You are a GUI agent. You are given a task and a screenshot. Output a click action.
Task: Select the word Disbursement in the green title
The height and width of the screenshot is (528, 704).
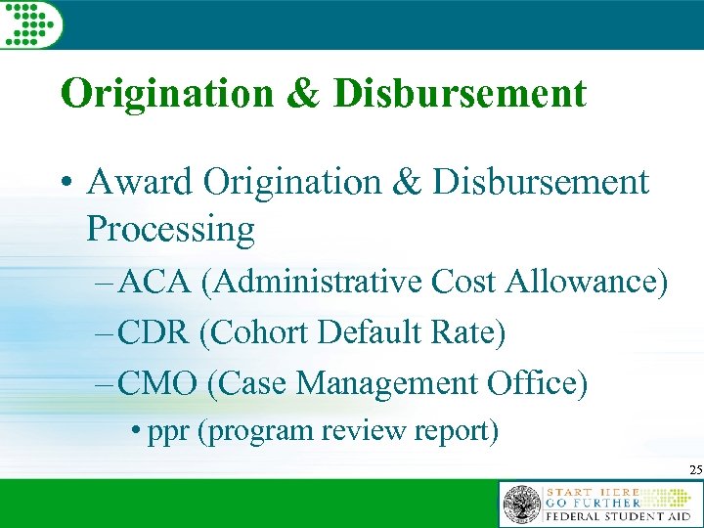point(460,94)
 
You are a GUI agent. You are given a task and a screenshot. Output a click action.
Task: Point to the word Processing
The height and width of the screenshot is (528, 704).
point(170,230)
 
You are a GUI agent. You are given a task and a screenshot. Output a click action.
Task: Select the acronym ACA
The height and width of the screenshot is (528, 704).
point(156,283)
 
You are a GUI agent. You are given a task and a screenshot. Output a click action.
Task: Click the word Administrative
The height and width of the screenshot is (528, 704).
point(312,283)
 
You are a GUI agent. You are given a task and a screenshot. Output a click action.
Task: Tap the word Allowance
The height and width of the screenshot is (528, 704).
point(586,283)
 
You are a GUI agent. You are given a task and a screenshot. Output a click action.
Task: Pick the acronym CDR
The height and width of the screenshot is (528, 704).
point(155,333)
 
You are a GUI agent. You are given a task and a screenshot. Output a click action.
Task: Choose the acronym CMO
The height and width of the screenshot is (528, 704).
point(159,384)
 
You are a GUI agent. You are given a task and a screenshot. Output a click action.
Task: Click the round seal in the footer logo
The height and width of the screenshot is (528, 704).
point(522,505)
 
